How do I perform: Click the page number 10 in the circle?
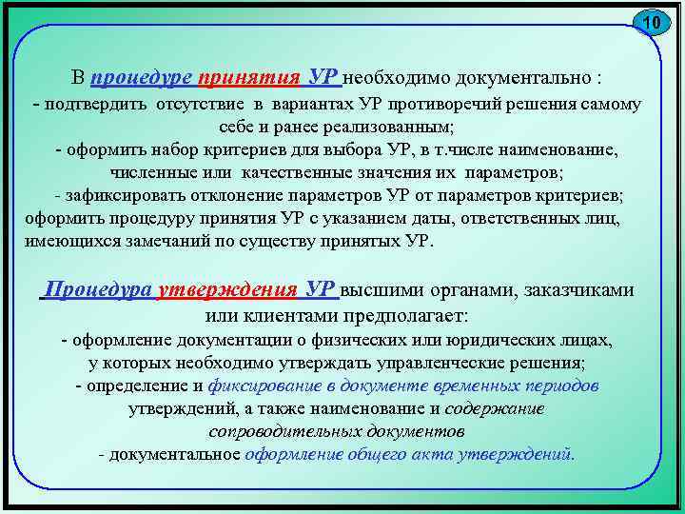click(651, 22)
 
